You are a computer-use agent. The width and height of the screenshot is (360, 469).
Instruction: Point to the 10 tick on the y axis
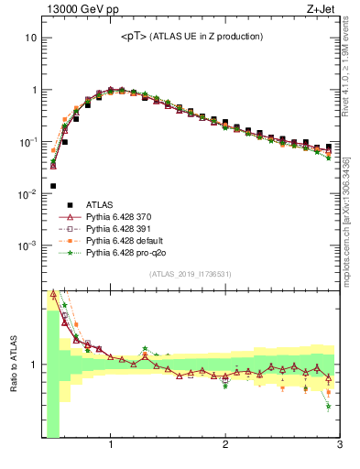pyautogui.click(x=31, y=38)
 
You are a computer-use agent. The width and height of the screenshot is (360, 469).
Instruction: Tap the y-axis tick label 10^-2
pyautogui.click(x=27, y=194)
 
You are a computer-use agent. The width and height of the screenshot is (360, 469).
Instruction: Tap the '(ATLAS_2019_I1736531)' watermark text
pyautogui.click(x=191, y=274)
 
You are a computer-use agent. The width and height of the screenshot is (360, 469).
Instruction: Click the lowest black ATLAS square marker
pyautogui.click(x=53, y=186)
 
